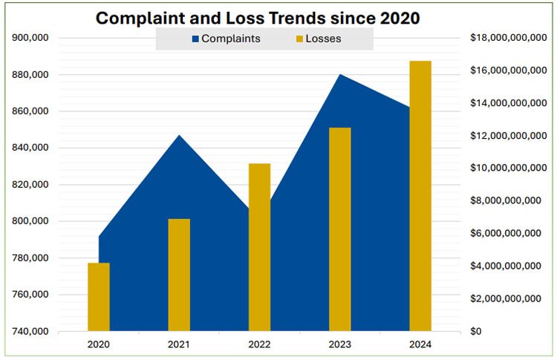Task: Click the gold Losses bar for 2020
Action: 99,297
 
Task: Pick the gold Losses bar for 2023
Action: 339,229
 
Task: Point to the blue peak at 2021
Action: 179,138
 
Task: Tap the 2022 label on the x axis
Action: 259,344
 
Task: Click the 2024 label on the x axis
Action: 420,344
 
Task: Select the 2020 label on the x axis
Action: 99,344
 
